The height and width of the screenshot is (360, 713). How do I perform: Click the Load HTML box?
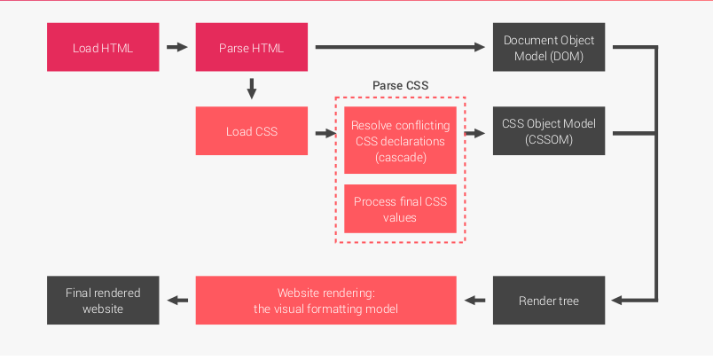point(103,48)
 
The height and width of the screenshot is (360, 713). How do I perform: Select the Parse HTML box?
point(251,48)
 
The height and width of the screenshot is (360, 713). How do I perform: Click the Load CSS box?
point(251,131)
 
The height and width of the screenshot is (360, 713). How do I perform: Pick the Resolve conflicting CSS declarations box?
point(400,140)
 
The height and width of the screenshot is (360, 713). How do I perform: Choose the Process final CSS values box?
point(400,208)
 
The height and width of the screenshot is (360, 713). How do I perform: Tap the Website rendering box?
point(325,301)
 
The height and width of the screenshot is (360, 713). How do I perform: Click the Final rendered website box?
point(103,301)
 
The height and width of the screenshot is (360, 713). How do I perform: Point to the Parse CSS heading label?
point(400,85)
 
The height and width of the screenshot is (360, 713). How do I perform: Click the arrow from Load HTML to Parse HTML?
point(177,48)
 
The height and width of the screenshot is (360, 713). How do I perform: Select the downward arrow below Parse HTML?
point(251,88)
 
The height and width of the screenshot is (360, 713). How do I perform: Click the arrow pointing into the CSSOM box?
point(477,134)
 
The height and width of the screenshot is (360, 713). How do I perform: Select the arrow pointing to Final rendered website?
point(178,301)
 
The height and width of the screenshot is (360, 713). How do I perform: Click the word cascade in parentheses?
point(400,157)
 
